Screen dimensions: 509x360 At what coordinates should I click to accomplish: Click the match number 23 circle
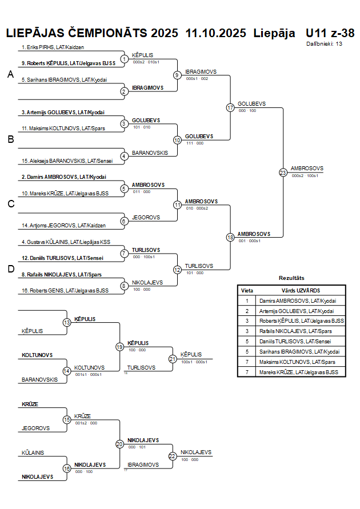[x=283, y=172]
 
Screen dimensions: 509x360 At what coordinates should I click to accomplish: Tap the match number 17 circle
[x=230, y=107]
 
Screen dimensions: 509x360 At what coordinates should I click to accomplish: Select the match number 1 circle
[x=124, y=58]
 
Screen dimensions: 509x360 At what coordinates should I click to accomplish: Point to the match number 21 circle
[x=173, y=359]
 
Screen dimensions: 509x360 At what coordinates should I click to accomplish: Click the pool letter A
[x=10, y=75]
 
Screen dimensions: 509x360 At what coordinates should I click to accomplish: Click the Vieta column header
[x=247, y=290]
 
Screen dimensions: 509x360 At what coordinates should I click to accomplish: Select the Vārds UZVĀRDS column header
[x=297, y=290]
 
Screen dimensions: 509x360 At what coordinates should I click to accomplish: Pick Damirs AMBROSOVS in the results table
[x=297, y=300]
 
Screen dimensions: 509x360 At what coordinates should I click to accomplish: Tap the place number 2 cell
[x=247, y=311]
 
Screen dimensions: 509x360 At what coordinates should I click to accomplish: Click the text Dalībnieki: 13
[x=324, y=43]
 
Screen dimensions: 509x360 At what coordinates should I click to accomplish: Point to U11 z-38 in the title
[x=330, y=33]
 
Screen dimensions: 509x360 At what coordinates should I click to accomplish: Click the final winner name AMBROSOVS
[x=307, y=169]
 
